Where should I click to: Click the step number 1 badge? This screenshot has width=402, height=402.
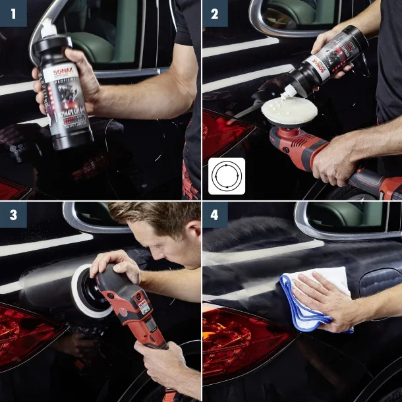coord(13,13)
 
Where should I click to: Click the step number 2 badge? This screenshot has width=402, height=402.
coord(215,13)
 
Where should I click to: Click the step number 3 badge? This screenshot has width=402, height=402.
coord(13,215)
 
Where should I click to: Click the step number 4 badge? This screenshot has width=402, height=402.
coord(215,215)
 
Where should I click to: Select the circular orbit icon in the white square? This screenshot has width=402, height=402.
coord(227,176)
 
